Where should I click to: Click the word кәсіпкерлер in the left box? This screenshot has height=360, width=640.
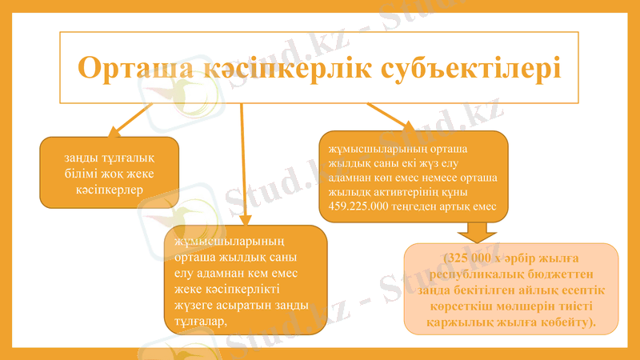coord(109,189)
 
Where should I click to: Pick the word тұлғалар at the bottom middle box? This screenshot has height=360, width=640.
coord(195,321)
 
